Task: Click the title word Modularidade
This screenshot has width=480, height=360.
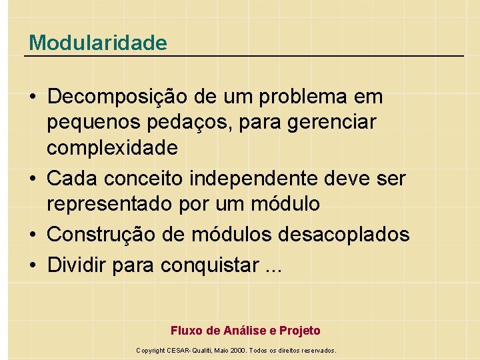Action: pyautogui.click(x=98, y=43)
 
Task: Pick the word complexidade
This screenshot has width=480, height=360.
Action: pyautogui.click(x=112, y=147)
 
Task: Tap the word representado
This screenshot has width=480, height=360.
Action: pyautogui.click(x=111, y=203)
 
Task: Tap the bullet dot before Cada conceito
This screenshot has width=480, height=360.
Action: pyautogui.click(x=32, y=179)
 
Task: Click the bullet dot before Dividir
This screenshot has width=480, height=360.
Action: pyautogui.click(x=32, y=265)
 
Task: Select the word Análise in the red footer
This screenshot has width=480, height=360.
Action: pyautogui.click(x=244, y=331)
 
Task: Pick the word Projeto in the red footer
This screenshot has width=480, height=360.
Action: pyautogui.click(x=300, y=331)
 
